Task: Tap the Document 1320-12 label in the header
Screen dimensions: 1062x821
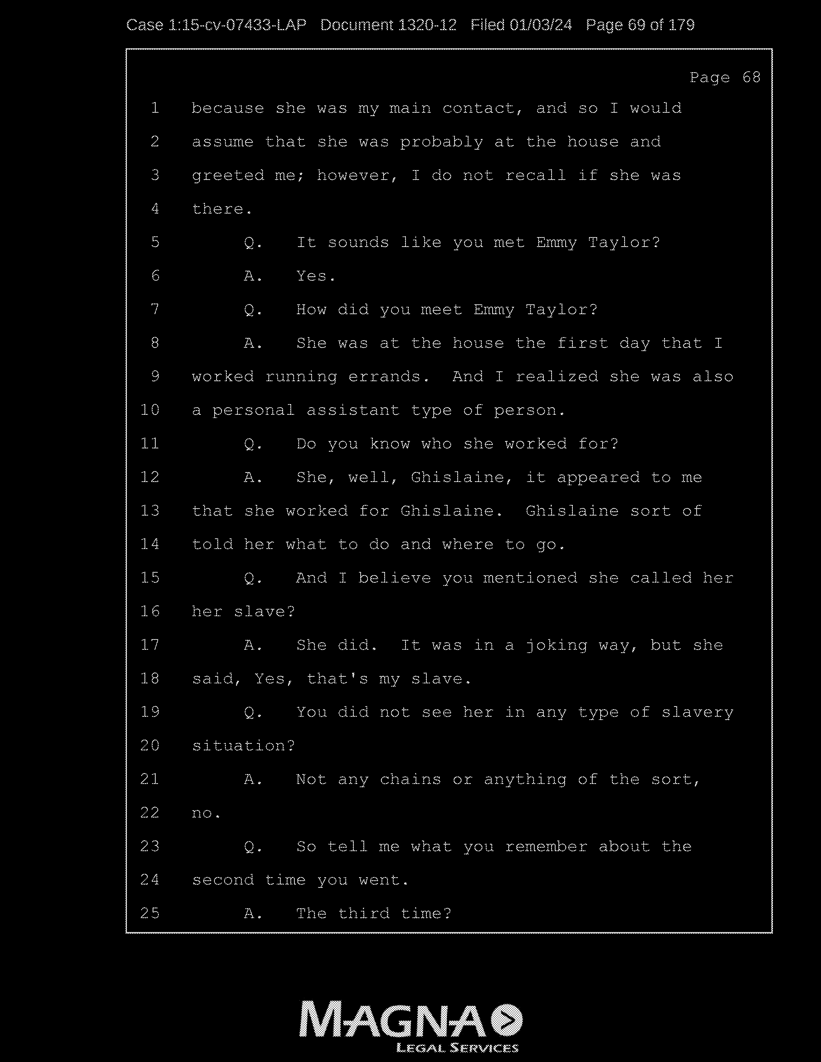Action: point(388,25)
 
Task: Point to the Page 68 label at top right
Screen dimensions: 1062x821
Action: point(725,77)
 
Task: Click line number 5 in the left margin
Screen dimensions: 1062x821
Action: point(155,242)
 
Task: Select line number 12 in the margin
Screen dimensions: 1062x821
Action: point(150,477)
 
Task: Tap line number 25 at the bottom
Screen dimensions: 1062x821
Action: point(150,913)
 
